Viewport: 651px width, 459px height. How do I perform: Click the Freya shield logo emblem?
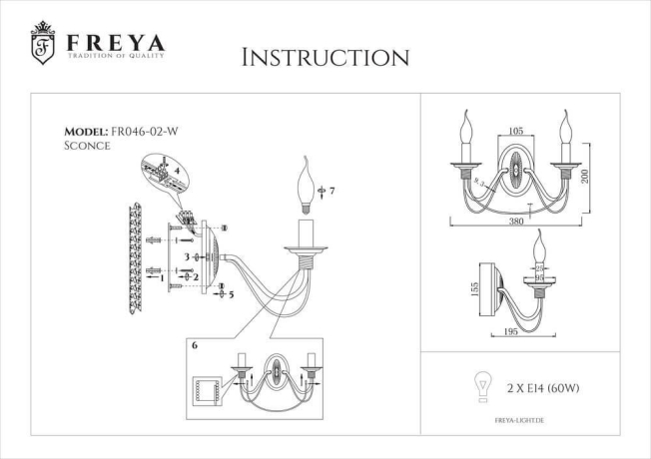[43, 45]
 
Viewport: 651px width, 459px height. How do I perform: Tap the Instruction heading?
[325, 57]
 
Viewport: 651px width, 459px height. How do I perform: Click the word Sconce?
[87, 146]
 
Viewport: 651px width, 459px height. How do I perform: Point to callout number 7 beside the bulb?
[331, 190]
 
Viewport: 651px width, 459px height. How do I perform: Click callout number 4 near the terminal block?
[177, 171]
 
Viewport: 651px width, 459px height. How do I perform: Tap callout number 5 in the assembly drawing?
[230, 295]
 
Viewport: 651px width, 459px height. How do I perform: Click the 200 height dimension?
[587, 175]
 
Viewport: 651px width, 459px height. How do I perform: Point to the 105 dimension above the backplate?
[515, 131]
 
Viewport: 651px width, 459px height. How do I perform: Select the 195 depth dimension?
[517, 329]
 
